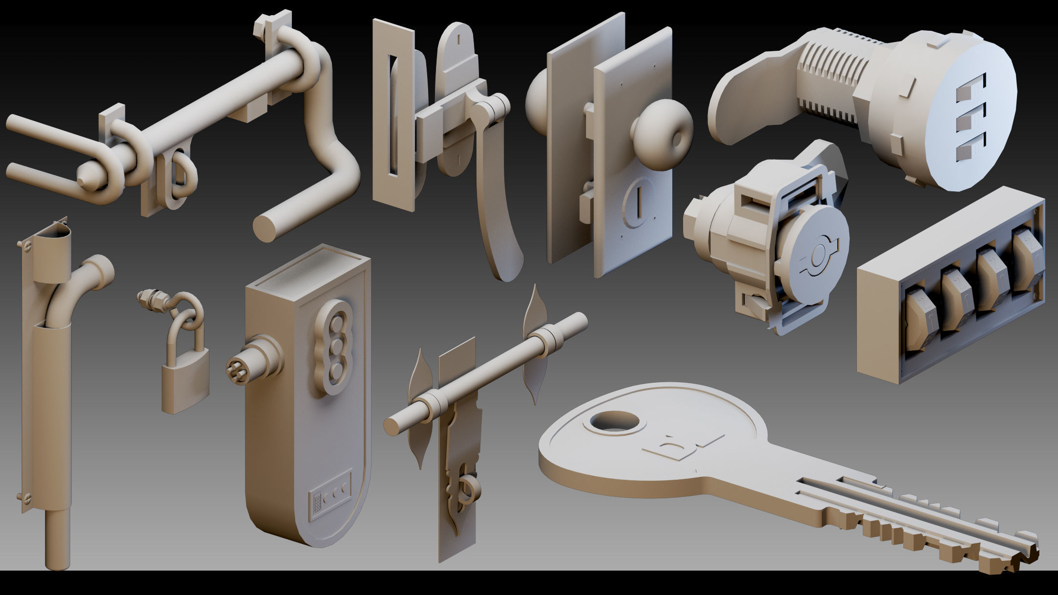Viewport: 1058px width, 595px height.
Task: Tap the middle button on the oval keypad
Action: (337, 346)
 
